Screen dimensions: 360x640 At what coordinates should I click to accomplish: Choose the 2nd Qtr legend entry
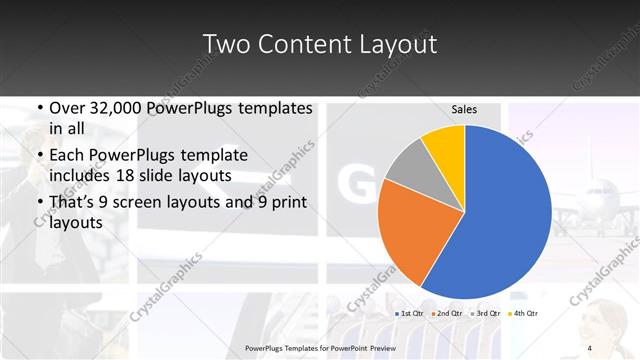pyautogui.click(x=448, y=314)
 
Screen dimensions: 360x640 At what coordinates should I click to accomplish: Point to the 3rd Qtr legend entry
pyautogui.click(x=486, y=314)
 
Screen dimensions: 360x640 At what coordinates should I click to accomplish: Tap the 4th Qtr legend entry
pyautogui.click(x=524, y=314)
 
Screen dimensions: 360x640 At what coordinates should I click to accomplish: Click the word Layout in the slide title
pyautogui.click(x=400, y=44)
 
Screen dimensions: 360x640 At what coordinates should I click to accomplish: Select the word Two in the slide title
pyautogui.click(x=225, y=44)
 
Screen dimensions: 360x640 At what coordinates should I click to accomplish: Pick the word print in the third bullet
pyautogui.click(x=288, y=202)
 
